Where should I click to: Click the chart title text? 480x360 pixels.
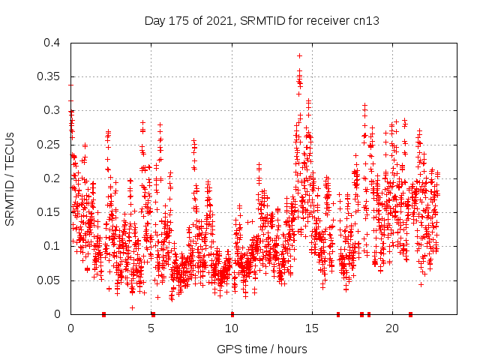[x=262, y=20]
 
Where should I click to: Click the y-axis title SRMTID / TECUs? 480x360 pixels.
[x=10, y=178]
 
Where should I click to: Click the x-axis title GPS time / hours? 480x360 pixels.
[x=262, y=349]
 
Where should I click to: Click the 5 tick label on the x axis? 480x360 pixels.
[x=151, y=328]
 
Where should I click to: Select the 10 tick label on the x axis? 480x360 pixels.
[x=232, y=328]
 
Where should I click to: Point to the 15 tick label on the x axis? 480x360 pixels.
[x=312, y=328]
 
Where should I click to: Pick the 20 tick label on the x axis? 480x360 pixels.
[x=392, y=328]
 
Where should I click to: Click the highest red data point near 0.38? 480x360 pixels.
[x=299, y=55]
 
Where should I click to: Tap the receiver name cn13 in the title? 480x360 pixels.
[x=367, y=20]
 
